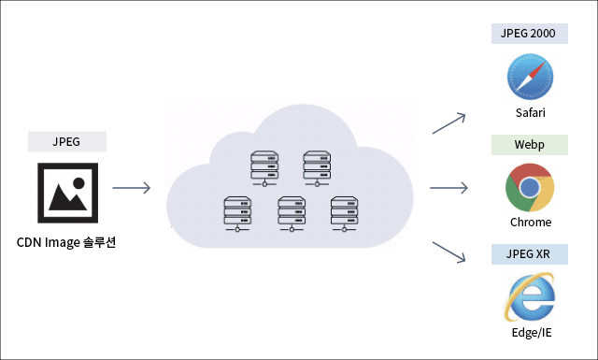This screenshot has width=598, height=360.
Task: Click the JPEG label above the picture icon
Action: click(x=66, y=141)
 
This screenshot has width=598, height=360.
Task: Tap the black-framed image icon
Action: click(x=68, y=193)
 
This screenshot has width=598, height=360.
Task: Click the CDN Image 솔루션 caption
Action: click(x=66, y=242)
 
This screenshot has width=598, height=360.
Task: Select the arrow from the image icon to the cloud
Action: click(x=131, y=188)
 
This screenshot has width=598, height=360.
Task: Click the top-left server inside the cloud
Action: click(x=264, y=168)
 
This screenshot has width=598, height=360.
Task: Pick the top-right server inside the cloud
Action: click(x=317, y=168)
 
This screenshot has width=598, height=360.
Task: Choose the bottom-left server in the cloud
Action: click(x=237, y=214)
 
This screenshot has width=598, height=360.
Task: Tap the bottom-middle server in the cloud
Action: click(x=292, y=214)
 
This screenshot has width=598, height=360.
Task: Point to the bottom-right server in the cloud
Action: click(x=345, y=214)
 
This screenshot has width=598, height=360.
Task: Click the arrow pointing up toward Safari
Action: click(x=448, y=123)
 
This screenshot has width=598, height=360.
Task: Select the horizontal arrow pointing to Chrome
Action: click(x=448, y=188)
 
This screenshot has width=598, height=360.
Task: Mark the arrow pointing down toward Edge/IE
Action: click(x=448, y=252)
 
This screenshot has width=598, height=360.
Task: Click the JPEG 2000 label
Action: click(x=530, y=34)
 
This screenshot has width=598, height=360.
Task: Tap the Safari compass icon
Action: click(x=530, y=77)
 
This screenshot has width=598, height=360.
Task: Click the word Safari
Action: click(x=531, y=112)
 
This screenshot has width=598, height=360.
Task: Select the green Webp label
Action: click(x=530, y=145)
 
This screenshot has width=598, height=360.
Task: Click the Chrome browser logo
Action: click(x=530, y=187)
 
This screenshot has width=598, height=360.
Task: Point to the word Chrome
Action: click(x=531, y=223)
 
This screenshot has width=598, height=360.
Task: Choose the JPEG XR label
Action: click(x=530, y=254)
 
